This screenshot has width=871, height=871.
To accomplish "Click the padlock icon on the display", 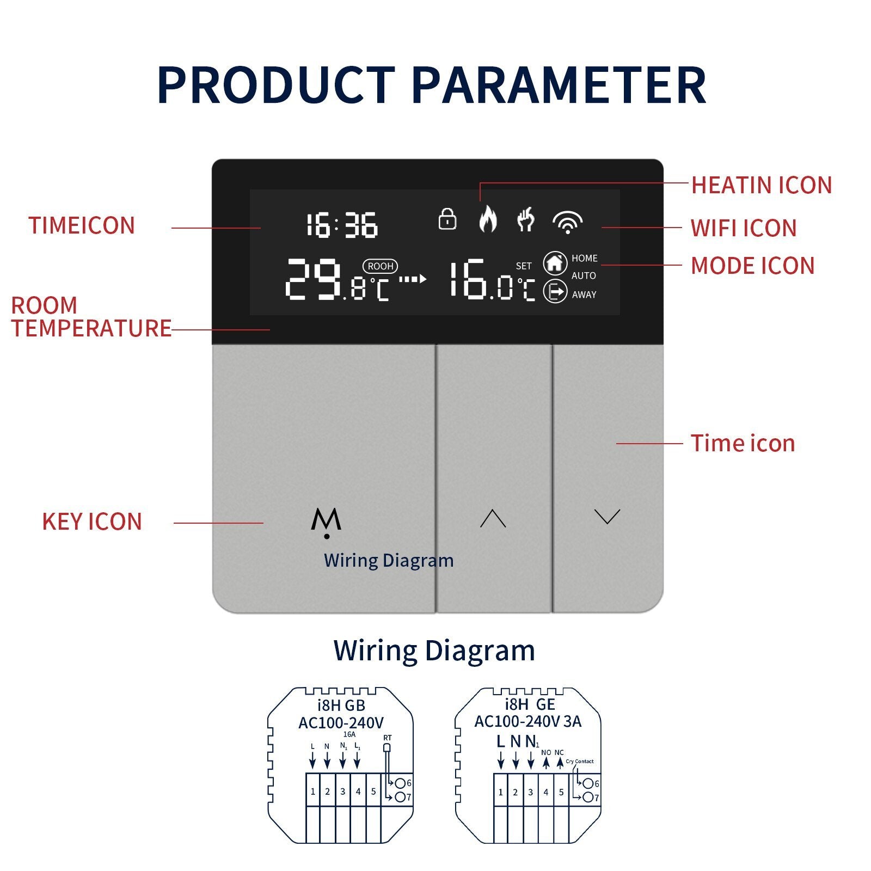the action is pyautogui.click(x=447, y=219).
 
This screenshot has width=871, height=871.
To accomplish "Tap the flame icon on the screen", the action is pyautogui.click(x=488, y=218).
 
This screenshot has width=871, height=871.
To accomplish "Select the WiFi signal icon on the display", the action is pyautogui.click(x=567, y=222).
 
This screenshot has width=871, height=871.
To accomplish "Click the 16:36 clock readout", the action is pyautogui.click(x=342, y=225).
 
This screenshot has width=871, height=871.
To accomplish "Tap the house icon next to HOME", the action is pyautogui.click(x=555, y=263).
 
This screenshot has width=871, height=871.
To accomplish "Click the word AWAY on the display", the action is pyautogui.click(x=584, y=295).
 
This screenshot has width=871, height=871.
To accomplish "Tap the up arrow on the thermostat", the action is pyautogui.click(x=493, y=518).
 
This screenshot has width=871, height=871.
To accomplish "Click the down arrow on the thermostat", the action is pyautogui.click(x=608, y=517).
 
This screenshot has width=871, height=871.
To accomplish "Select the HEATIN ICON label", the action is pyautogui.click(x=762, y=185).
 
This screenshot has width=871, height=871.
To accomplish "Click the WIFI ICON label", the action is pyautogui.click(x=744, y=228).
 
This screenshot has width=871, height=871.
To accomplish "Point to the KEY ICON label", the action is pyautogui.click(x=92, y=522).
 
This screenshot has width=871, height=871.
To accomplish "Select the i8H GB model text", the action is pyautogui.click(x=341, y=706).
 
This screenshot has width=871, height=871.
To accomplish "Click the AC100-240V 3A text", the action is pyautogui.click(x=527, y=721).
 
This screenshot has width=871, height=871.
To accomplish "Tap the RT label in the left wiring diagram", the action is pyautogui.click(x=387, y=738).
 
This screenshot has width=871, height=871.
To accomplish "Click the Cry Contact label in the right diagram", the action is pyautogui.click(x=580, y=761).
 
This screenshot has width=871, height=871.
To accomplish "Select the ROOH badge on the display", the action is pyautogui.click(x=381, y=266).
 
